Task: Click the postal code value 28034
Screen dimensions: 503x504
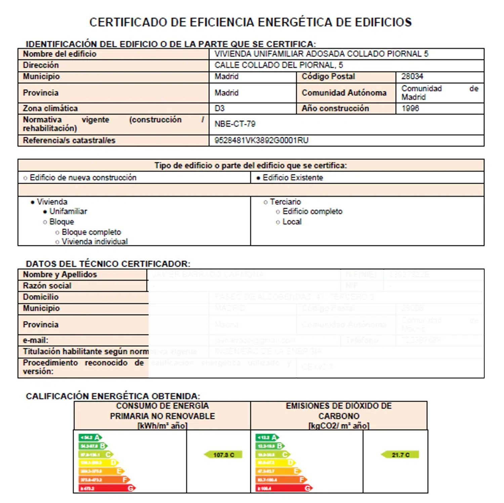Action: coord(412,77)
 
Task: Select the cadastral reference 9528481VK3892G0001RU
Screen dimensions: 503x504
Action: coord(261,140)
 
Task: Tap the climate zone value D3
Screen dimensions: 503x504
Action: coord(219,109)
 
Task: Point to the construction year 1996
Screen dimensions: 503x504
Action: coord(410,109)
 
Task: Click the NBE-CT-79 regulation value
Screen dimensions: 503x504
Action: coord(235,124)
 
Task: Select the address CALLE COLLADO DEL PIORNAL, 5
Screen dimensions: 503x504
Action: coord(279,65)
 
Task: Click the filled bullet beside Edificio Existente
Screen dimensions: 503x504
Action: coord(258,178)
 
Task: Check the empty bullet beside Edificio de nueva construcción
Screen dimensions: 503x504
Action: coord(25,178)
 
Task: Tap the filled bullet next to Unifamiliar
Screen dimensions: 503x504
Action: coord(45,212)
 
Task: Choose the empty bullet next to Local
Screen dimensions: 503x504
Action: coord(278,222)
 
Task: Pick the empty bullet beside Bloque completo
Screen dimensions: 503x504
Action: coord(57,233)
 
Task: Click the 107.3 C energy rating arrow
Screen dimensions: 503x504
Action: coord(223,455)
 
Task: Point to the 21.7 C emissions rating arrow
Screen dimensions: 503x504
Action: coord(400,455)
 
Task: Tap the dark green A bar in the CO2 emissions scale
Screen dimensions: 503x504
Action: coord(267,437)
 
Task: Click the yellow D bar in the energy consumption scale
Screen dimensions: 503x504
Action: coord(98,463)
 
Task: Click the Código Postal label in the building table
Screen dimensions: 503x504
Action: coord(328,77)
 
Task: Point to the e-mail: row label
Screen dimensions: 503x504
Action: coord(36,340)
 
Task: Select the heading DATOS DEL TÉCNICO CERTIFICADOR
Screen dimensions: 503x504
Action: coord(108,264)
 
